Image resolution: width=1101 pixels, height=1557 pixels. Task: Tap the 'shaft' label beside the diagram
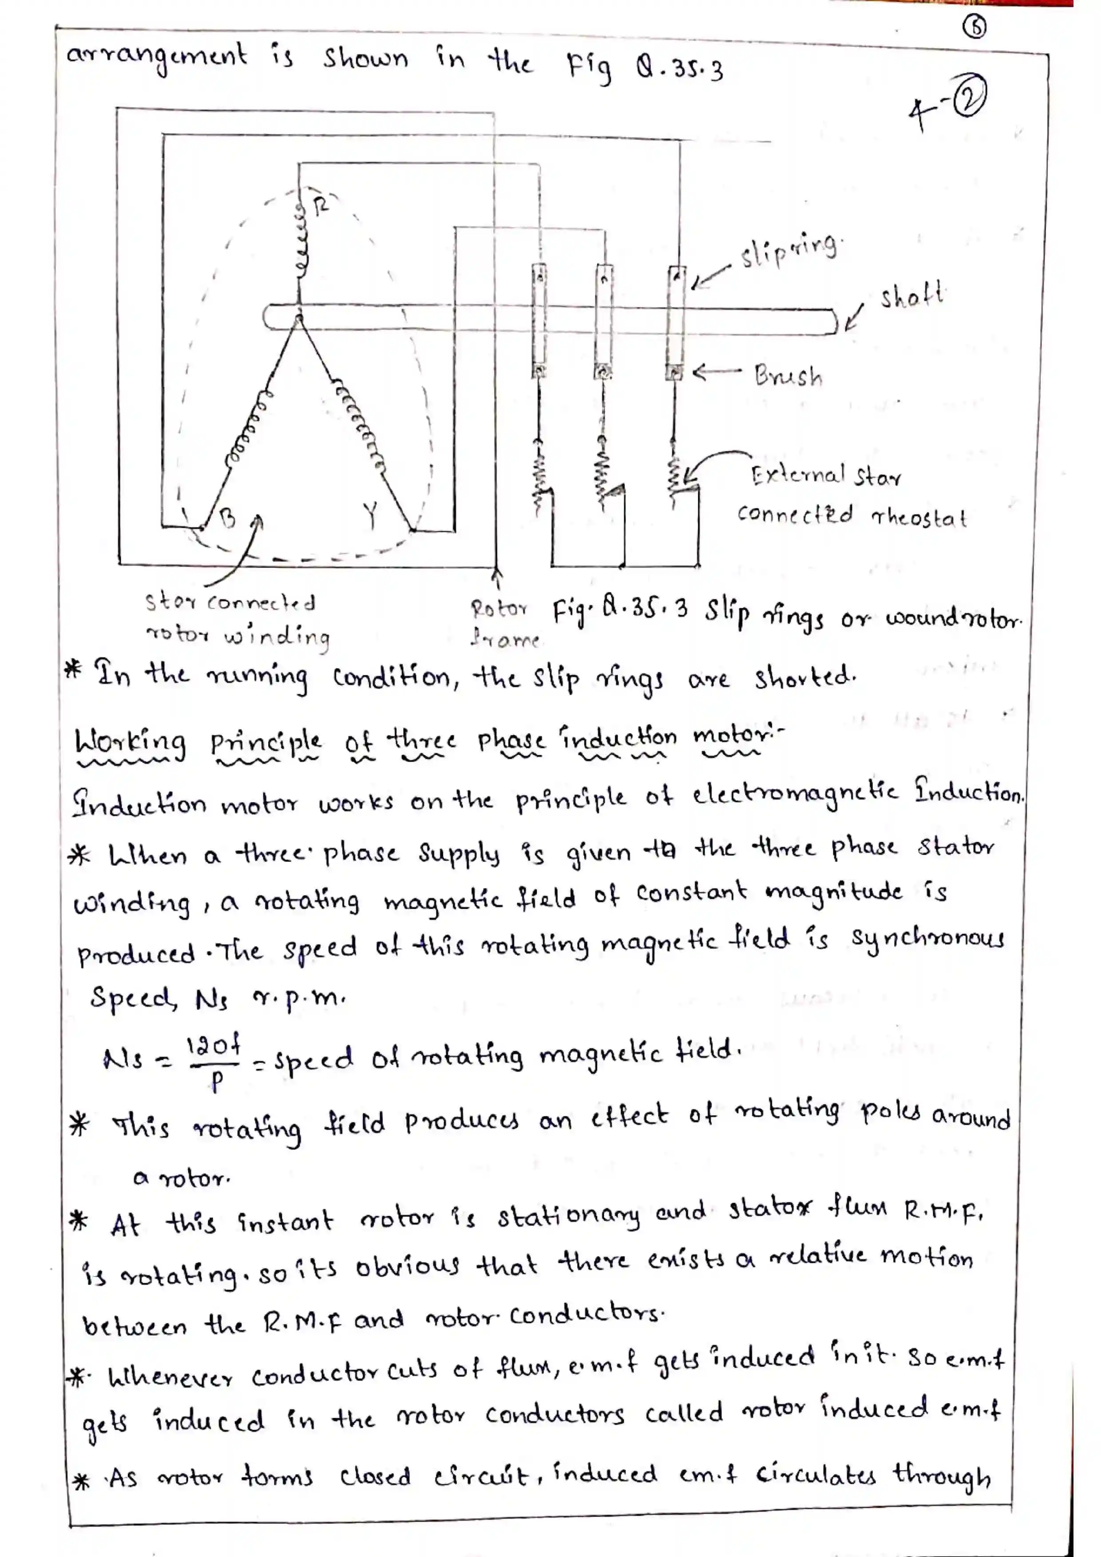911,296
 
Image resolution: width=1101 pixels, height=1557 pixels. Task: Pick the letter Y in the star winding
370,516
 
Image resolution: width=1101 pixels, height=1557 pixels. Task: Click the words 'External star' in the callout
826,475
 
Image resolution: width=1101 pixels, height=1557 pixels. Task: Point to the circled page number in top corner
975,27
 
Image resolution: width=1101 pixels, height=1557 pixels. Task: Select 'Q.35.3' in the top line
679,68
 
